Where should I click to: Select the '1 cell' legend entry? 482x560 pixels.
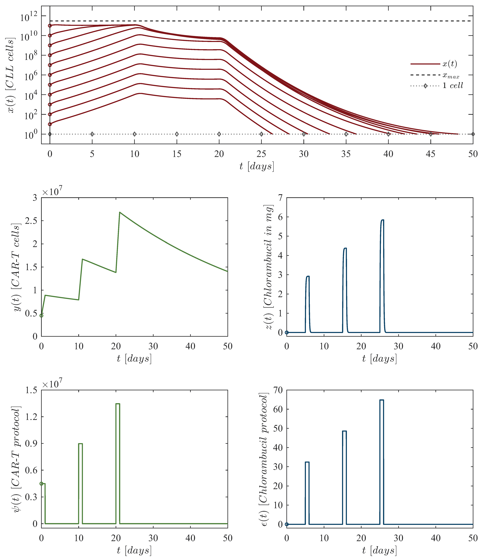click(452, 86)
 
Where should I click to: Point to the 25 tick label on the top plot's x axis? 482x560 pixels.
click(261, 154)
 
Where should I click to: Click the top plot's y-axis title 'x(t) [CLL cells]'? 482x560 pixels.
click(11, 76)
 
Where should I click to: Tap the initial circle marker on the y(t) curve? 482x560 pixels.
click(41, 315)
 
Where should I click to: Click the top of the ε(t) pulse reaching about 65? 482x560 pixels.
click(382, 400)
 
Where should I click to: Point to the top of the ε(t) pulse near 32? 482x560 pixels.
click(307, 462)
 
